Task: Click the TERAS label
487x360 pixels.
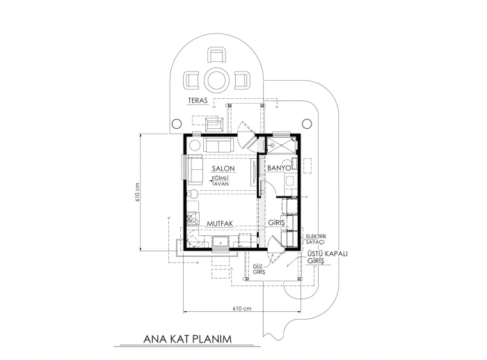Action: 197,101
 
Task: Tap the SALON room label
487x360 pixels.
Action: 223,169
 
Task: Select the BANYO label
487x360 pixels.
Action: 279,168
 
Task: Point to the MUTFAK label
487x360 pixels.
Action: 220,224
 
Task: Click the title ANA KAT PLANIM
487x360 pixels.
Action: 188,339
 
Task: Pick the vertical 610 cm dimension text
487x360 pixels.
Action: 138,191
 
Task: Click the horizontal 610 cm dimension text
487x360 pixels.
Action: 242,308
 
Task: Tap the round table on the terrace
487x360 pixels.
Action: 217,80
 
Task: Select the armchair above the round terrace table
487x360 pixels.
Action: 217,55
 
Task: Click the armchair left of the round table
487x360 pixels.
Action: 191,80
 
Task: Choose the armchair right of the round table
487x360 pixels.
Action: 242,80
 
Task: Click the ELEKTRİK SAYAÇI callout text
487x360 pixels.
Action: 316,239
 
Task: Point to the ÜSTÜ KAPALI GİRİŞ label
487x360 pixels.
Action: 328,257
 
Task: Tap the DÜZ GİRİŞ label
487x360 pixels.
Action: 259,269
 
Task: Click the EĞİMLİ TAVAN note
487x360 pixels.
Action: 221,181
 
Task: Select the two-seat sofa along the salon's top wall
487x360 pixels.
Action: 218,145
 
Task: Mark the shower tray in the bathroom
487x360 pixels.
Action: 281,146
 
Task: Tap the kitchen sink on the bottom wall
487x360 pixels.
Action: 221,242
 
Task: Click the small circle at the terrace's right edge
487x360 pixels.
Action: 307,123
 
